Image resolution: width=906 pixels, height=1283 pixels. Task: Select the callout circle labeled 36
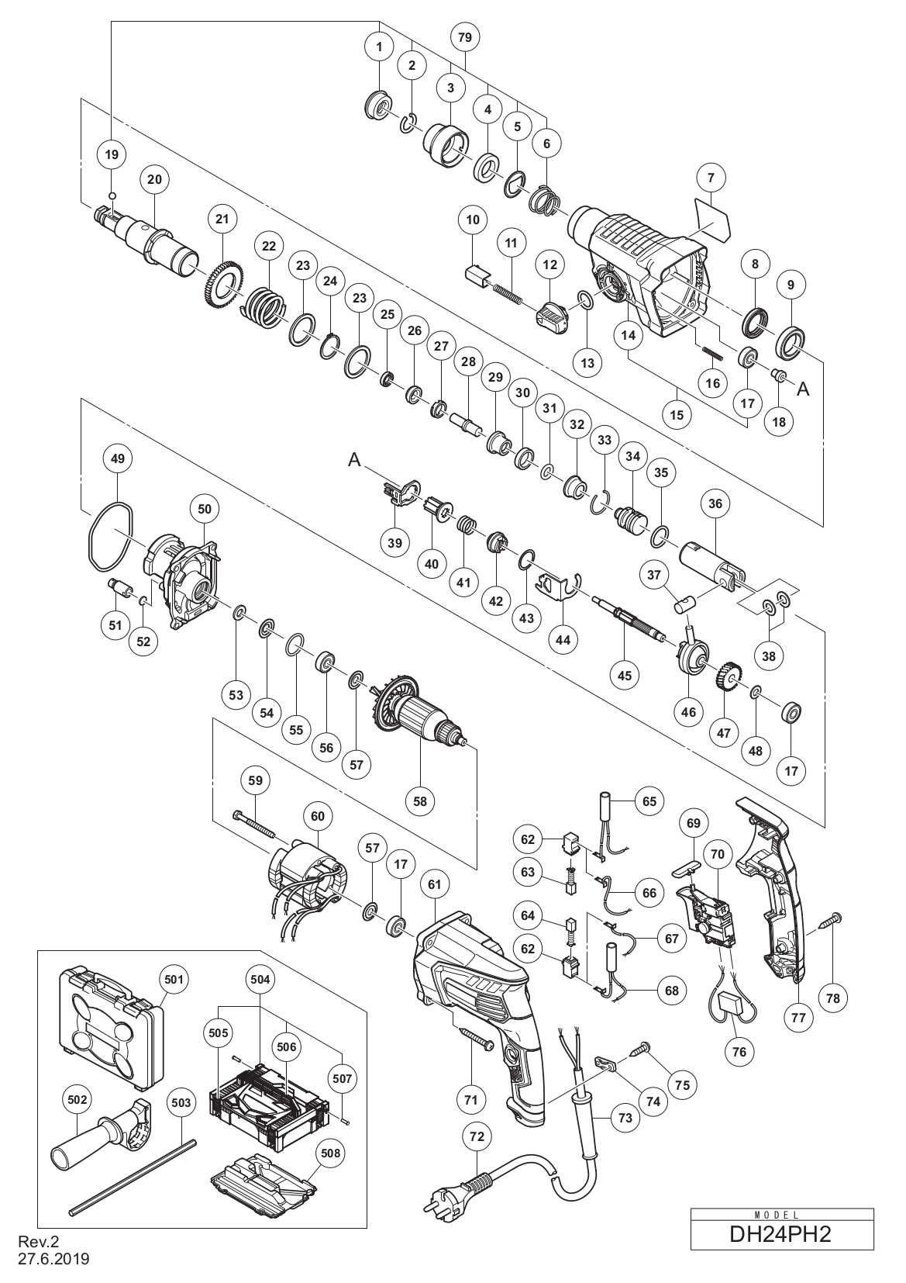[715, 503]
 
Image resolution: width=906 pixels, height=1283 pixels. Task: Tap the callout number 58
[420, 801]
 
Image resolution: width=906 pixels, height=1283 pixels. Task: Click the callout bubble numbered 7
[710, 178]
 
